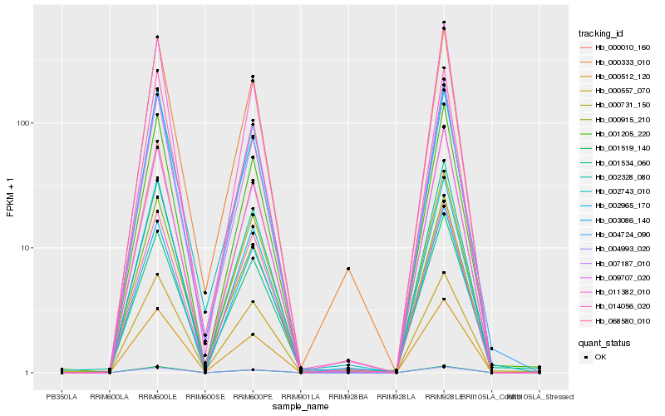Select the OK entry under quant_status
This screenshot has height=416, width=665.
607,356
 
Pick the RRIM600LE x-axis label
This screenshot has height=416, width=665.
157,396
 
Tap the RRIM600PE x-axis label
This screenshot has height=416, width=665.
253,396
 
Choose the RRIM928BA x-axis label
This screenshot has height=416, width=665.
348,396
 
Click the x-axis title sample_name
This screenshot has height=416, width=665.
300,407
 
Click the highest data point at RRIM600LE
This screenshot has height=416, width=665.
157,37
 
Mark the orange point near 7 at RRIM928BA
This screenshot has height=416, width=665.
348,269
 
